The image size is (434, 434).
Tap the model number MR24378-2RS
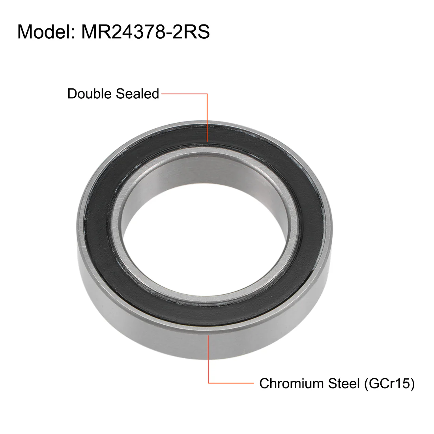click(145, 32)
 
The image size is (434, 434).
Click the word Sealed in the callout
click(137, 94)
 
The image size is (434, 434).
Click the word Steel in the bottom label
click(344, 383)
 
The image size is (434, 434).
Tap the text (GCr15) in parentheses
click(389, 383)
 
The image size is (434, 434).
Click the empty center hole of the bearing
click(205, 243)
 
